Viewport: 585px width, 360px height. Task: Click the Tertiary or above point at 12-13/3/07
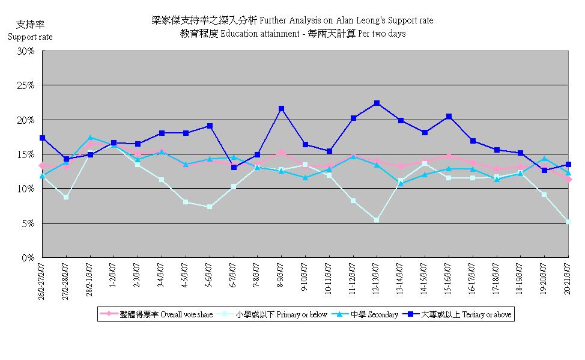click(x=377, y=103)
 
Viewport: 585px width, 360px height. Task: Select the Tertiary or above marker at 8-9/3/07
click(x=281, y=109)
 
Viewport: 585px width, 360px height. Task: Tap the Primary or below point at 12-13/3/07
click(x=377, y=220)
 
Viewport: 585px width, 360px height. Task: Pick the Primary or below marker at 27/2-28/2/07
click(x=66, y=197)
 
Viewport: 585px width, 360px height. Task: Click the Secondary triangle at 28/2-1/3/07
click(x=90, y=138)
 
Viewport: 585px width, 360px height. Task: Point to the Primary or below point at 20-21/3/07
click(x=568, y=222)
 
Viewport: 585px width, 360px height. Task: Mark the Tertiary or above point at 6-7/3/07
click(x=233, y=167)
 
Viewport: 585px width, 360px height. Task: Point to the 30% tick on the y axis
click(x=26, y=51)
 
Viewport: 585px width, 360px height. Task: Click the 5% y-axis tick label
click(x=28, y=224)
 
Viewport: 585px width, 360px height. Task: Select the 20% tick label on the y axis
click(x=26, y=120)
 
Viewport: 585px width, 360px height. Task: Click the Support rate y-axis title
click(x=30, y=37)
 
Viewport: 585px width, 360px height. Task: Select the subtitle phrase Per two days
click(x=381, y=34)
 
